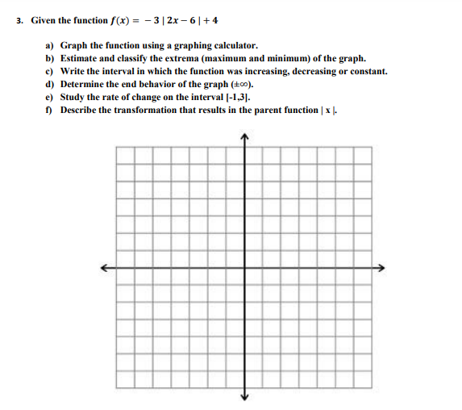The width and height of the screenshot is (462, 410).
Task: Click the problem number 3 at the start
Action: [19, 20]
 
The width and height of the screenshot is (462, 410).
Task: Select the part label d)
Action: [50, 83]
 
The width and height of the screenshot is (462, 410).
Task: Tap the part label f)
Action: [49, 109]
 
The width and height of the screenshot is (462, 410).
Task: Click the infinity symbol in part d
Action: [243, 84]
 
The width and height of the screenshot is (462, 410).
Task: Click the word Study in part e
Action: [73, 96]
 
